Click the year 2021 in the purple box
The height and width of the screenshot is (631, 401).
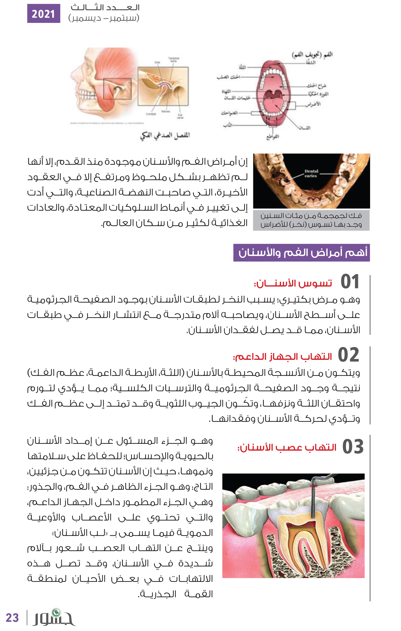click(x=44, y=14)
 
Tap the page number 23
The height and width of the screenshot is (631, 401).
click(x=12, y=618)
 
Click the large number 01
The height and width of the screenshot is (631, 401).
click(x=350, y=282)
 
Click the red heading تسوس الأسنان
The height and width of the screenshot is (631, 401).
click(x=293, y=283)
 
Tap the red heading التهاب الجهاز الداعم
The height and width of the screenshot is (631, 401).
click(x=283, y=357)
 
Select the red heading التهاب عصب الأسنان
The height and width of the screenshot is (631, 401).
click(x=287, y=447)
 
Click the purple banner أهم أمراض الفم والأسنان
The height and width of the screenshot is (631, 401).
click(x=301, y=253)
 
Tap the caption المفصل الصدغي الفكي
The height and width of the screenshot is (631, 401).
click(x=165, y=135)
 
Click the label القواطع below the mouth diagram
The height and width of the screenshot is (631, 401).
click(x=272, y=137)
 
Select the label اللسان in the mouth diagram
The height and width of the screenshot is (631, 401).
click(x=305, y=128)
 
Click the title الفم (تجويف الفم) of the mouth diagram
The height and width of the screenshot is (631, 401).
click(x=312, y=54)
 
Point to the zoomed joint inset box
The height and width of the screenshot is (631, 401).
click(x=163, y=86)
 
